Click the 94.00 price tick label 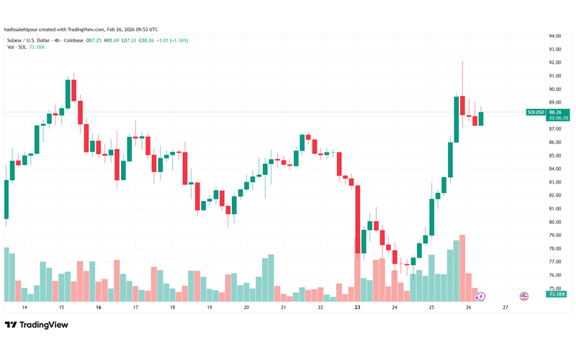pyautogui.click(x=554, y=35)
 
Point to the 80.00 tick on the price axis pyautogui.click(x=554, y=209)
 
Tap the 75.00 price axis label pyautogui.click(x=554, y=288)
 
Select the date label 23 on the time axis pyautogui.click(x=357, y=307)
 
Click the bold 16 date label pyautogui.click(x=98, y=307)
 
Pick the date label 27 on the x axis pyautogui.click(x=505, y=307)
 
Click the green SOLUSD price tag pyautogui.click(x=535, y=112)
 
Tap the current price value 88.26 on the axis pyautogui.click(x=555, y=112)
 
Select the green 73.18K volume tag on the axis pyautogui.click(x=556, y=294)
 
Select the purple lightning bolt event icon pyautogui.click(x=482, y=296)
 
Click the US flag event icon pyautogui.click(x=524, y=296)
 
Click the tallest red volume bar pyautogui.click(x=462, y=267)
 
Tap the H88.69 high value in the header pyautogui.click(x=112, y=40)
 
